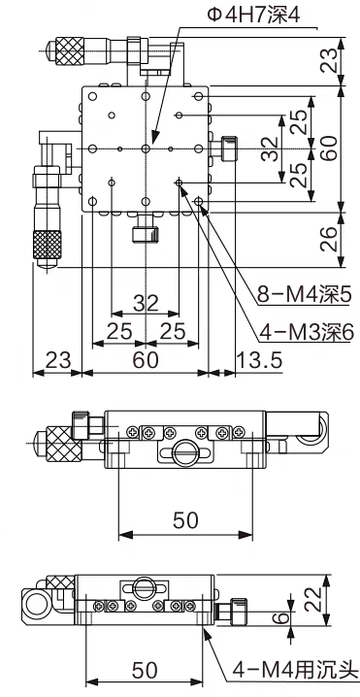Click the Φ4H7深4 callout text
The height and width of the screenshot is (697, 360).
(x=254, y=16)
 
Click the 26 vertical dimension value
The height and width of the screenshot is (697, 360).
(x=329, y=239)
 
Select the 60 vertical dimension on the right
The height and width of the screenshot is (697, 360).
(x=329, y=148)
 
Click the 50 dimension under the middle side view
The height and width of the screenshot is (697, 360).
(x=185, y=519)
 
